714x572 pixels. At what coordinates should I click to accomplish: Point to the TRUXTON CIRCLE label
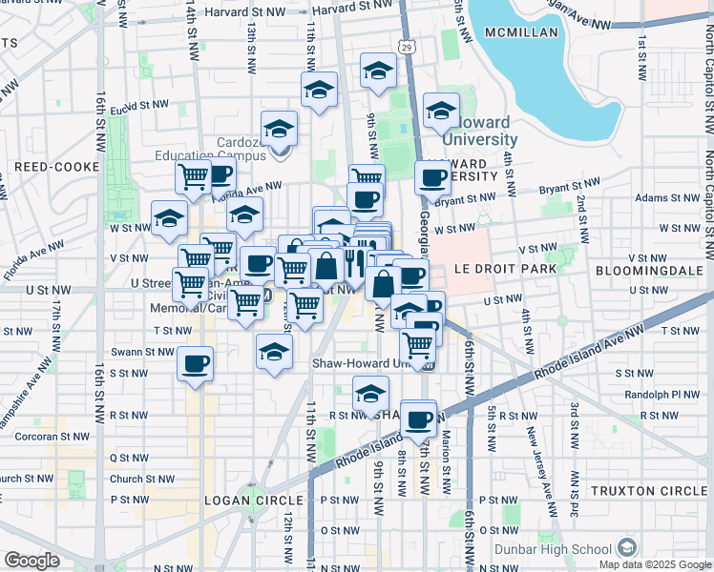649,490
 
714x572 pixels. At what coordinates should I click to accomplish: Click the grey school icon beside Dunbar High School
627,548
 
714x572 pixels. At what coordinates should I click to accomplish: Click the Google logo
31,561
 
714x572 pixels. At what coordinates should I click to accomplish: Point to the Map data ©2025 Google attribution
654,564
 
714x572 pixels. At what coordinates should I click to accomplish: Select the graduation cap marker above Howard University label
441,112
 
